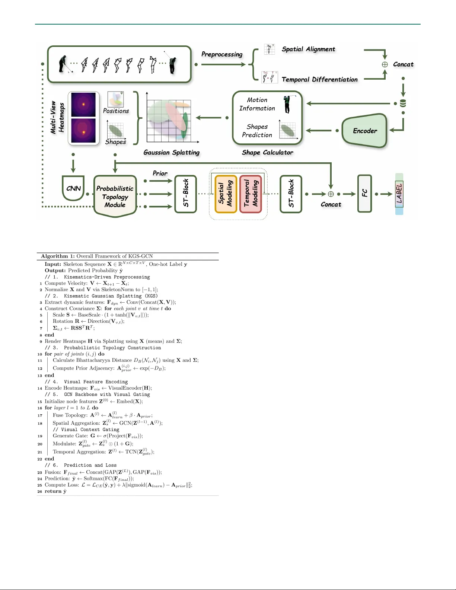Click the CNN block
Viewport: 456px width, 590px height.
[x=73, y=188]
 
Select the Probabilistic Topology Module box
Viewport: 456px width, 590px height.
[x=115, y=196]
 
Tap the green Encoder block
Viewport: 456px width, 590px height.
[x=365, y=131]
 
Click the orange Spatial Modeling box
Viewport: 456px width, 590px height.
[x=226, y=194]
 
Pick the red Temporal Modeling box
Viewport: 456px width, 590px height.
[x=251, y=194]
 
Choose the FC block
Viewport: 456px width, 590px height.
[x=364, y=194]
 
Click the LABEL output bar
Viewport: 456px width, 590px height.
[x=399, y=194]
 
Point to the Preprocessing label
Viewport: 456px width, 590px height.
[x=222, y=54]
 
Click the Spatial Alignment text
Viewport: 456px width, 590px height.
[x=308, y=49]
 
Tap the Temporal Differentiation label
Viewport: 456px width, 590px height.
[x=319, y=79]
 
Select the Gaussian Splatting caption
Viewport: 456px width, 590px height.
[x=172, y=152]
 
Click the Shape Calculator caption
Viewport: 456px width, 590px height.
[x=267, y=152]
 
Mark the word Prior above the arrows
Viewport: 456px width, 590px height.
[x=160, y=173]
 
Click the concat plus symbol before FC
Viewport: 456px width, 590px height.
[x=331, y=194]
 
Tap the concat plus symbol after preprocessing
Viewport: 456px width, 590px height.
[x=385, y=64]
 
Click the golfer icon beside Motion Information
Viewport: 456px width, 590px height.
[x=287, y=104]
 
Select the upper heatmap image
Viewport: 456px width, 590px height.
[x=83, y=104]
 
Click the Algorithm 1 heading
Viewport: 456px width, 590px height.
[x=97, y=256]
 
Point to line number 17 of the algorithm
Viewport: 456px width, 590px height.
[x=40, y=415]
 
